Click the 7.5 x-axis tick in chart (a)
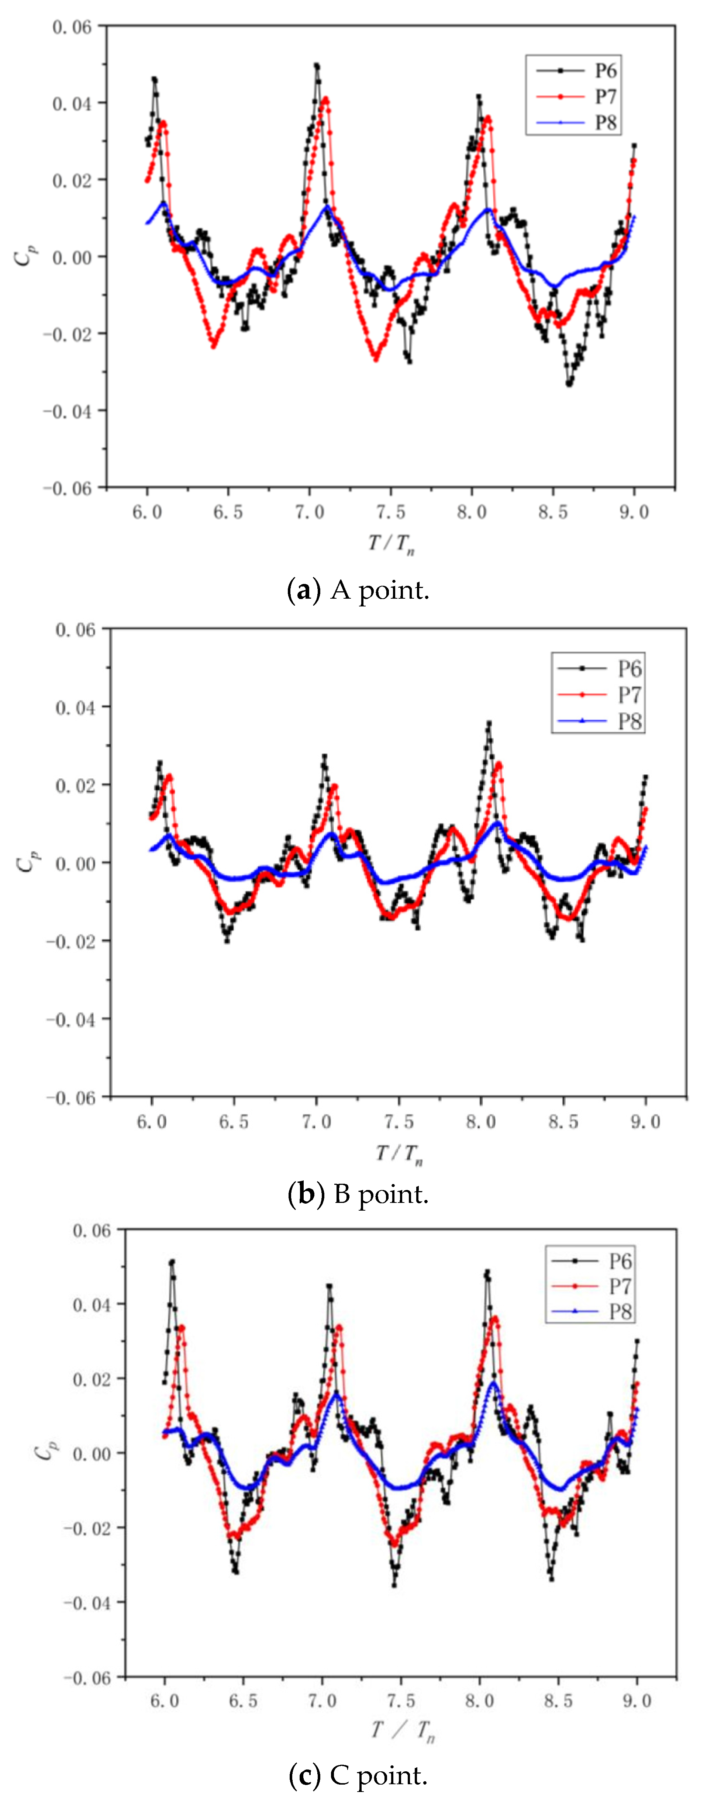[390, 512]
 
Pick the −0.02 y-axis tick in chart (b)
[69, 941]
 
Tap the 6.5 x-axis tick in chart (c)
[243, 1701]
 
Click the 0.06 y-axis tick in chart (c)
[91, 1231]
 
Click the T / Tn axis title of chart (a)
[391, 543]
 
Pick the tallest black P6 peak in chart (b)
[489, 722]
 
